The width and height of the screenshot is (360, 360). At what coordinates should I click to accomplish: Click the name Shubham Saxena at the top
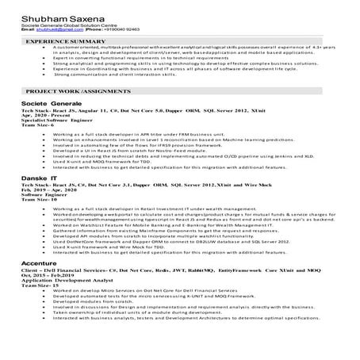pyautogui.click(x=53, y=12)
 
